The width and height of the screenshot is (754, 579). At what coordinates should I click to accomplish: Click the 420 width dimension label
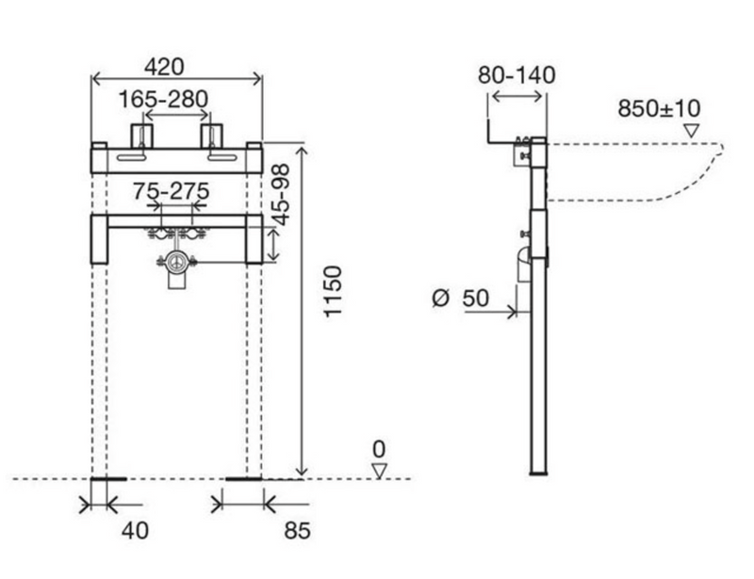point(164,67)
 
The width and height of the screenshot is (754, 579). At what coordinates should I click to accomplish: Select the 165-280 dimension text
point(163,100)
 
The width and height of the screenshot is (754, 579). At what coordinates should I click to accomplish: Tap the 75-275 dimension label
point(172,191)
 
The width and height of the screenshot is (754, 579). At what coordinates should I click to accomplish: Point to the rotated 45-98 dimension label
point(281,195)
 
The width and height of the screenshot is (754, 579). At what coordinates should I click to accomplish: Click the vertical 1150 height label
point(333,291)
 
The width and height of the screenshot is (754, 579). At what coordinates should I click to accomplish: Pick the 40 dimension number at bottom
point(135,531)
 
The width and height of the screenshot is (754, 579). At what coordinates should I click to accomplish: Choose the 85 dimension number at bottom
point(297,531)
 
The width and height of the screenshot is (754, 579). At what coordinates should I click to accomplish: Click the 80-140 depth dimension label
point(516,75)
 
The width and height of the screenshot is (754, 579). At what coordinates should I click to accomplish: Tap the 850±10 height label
point(659,108)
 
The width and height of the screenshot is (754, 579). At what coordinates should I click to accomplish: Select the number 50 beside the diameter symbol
point(476,298)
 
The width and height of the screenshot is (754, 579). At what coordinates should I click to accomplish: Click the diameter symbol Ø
point(440,298)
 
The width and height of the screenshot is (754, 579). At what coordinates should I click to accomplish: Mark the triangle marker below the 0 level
point(380,471)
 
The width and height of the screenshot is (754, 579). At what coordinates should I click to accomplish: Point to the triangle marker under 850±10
point(692,131)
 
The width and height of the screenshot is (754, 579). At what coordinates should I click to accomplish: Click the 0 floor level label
point(379,450)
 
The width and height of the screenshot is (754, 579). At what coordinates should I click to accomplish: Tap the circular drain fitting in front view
point(176,263)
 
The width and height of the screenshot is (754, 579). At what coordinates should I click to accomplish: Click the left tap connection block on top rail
point(142,136)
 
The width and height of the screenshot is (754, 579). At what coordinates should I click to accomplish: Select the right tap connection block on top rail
point(211,136)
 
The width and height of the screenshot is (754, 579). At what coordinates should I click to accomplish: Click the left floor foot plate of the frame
point(108,478)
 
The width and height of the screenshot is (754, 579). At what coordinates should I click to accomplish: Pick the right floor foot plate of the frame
point(244,478)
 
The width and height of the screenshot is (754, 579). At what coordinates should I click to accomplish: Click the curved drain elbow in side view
point(524,265)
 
